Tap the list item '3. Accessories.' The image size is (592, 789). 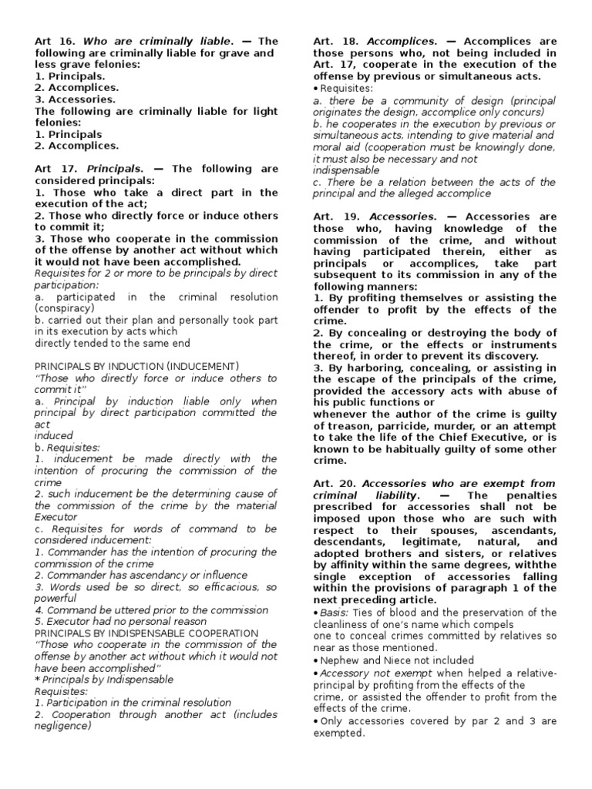(x=75, y=99)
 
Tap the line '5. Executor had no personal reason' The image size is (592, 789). (x=120, y=621)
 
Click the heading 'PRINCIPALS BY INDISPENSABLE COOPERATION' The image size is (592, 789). (x=146, y=633)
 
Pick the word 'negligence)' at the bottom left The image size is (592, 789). (x=63, y=725)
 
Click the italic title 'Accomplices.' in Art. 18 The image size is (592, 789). (x=396, y=41)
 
